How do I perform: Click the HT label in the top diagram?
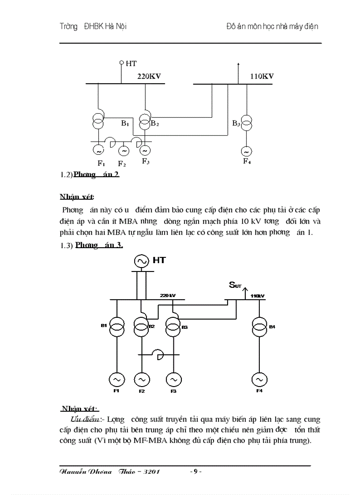[131, 64]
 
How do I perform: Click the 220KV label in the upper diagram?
[149, 76]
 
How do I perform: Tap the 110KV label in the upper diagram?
[262, 76]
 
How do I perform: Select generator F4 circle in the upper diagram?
[246, 152]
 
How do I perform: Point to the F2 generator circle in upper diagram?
[124, 151]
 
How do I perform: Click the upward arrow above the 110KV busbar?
[238, 66]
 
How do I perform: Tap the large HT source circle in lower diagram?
[142, 261]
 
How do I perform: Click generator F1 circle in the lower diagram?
[117, 379]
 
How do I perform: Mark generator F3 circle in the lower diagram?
[173, 379]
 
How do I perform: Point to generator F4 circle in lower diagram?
[259, 379]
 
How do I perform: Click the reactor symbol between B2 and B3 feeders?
[157, 354]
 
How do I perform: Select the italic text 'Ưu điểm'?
[85, 419]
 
